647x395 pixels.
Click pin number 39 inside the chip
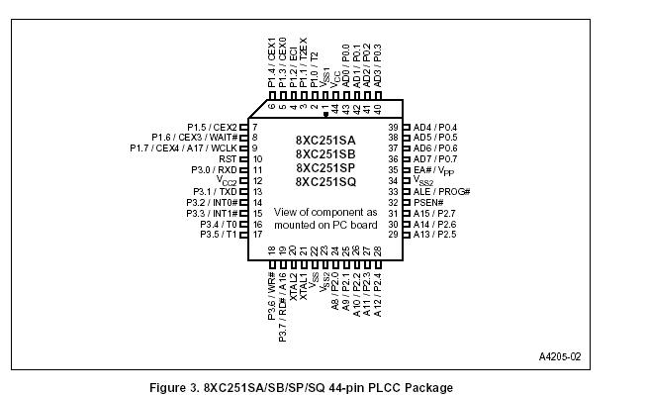tap(392, 128)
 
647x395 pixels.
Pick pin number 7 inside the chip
tap(255, 128)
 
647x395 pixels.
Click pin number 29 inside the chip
tap(392, 235)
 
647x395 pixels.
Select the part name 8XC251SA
tap(324, 140)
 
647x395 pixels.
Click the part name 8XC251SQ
tap(324, 181)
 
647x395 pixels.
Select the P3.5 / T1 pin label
tap(219, 235)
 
